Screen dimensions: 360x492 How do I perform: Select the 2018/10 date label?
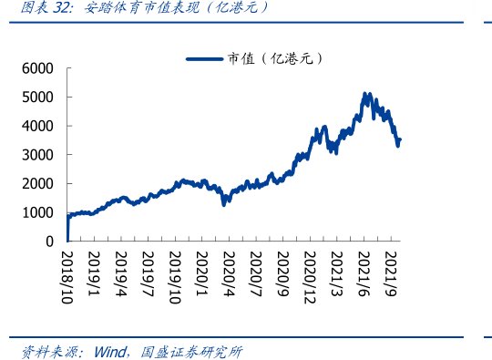click(67, 274)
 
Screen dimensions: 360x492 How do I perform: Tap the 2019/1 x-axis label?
click(94, 271)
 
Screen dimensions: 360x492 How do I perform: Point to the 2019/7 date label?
click(148, 271)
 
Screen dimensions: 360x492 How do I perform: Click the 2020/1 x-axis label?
click(201, 271)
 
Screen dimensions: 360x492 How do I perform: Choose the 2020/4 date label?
click(229, 271)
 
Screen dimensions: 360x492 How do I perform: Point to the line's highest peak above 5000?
click(365, 94)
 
